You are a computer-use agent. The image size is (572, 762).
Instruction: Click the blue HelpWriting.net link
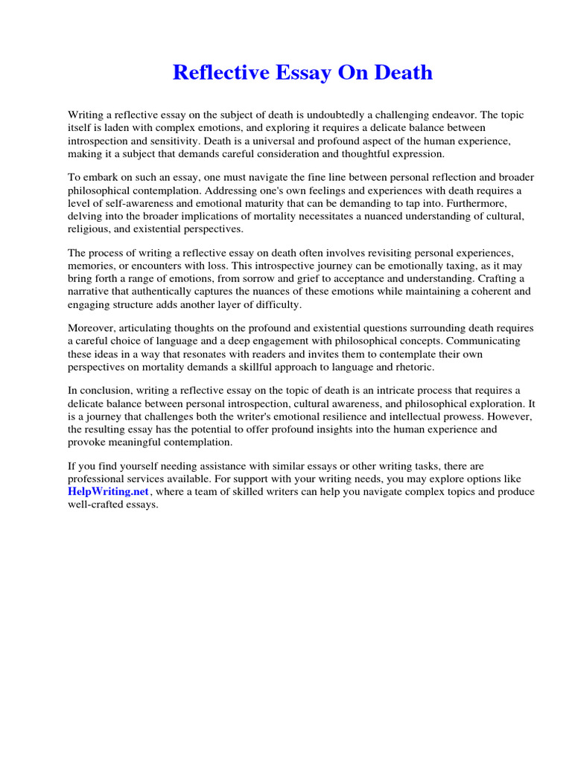109,492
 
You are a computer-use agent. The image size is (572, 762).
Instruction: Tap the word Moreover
92,328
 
